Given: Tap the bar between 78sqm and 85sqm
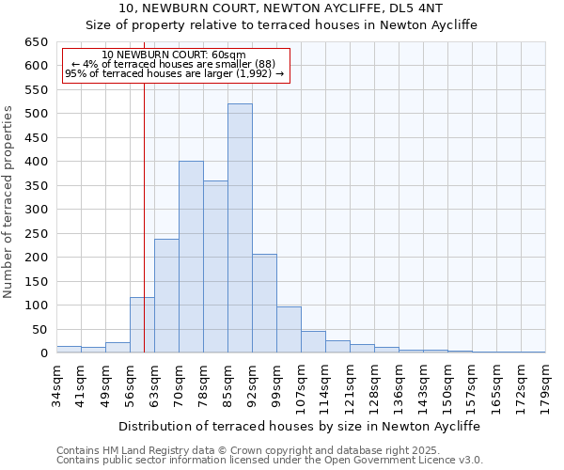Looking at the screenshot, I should [x=215, y=267].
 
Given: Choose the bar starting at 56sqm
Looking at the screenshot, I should [x=142, y=325].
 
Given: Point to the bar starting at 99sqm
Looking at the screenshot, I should [x=289, y=330].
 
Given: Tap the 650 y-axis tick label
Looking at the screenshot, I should [x=35, y=42].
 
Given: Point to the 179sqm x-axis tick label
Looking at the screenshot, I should [x=546, y=381].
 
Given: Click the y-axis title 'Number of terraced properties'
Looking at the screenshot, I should [x=9, y=201].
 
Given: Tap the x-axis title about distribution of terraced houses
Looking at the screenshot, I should [x=300, y=426].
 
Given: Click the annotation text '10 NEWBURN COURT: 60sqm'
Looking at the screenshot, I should [x=174, y=55].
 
